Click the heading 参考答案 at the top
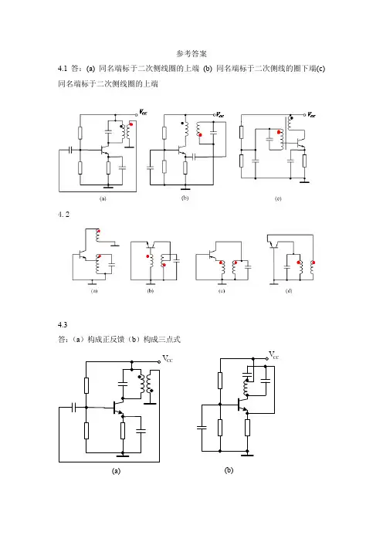(x=191, y=53)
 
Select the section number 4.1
(x=63, y=69)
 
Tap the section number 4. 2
(x=63, y=215)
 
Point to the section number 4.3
(x=63, y=324)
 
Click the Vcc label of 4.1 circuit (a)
(x=143, y=112)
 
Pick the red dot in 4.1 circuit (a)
(x=131, y=124)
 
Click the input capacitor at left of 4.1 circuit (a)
(x=71, y=150)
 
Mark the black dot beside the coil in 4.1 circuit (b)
(x=182, y=123)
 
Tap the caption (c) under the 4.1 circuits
(x=278, y=198)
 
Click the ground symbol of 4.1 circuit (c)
(x=304, y=181)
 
